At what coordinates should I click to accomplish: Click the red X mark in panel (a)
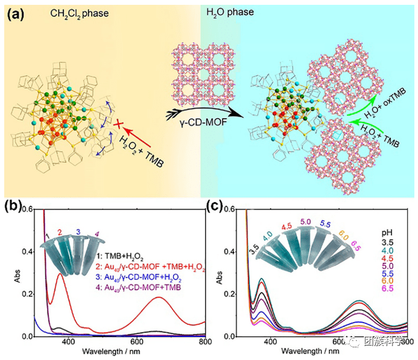click(119, 125)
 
